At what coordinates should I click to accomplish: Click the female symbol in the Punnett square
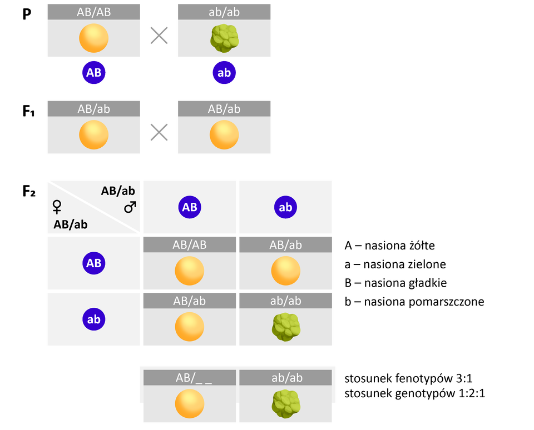pos(56,207)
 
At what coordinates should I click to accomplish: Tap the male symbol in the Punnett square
pos(130,207)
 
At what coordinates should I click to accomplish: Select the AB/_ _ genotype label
pos(189,378)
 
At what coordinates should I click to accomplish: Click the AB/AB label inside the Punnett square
pos(189,244)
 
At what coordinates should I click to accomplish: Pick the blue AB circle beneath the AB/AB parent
pos(93,73)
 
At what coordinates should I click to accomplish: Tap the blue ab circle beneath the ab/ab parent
pos(224,73)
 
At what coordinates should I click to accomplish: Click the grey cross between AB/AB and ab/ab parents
pos(159,36)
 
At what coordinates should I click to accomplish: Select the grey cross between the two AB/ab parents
pos(159,133)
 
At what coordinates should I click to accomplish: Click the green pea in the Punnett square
pos(286,327)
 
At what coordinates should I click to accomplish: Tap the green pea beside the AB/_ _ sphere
pos(286,403)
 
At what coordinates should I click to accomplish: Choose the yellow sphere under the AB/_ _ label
pos(189,403)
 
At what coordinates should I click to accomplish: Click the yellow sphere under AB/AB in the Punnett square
pos(189,271)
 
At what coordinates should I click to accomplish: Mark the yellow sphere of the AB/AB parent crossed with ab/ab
pos(93,38)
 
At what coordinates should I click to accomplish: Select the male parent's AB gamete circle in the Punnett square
pos(189,207)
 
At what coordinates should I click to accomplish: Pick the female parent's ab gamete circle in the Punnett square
pos(93,319)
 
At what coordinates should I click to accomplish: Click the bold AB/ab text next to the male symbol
pos(118,191)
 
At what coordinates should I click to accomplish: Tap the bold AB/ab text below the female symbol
pos(71,225)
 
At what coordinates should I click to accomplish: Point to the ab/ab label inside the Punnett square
pos(286,301)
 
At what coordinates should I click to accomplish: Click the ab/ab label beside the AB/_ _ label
pos(286,378)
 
